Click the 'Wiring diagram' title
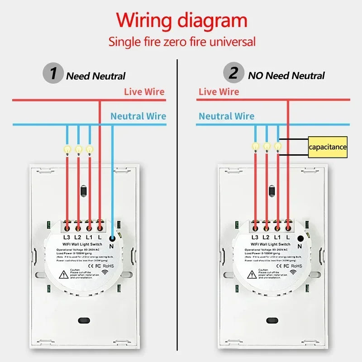[x=181, y=21]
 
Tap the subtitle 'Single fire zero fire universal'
[x=181, y=42]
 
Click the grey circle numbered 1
[x=53, y=73]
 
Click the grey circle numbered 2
[x=233, y=73]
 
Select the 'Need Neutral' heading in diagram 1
[x=96, y=76]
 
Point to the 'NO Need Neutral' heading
[x=286, y=76]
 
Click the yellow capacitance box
[x=328, y=147]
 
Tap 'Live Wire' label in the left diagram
[x=144, y=92]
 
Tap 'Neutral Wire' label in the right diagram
[x=226, y=116]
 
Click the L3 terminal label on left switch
[x=67, y=237]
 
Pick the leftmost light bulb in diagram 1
[x=67, y=149]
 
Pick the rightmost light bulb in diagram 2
[x=278, y=147]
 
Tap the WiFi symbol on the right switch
[x=293, y=272]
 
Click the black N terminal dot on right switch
[x=300, y=238]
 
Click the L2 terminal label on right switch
[x=266, y=237]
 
